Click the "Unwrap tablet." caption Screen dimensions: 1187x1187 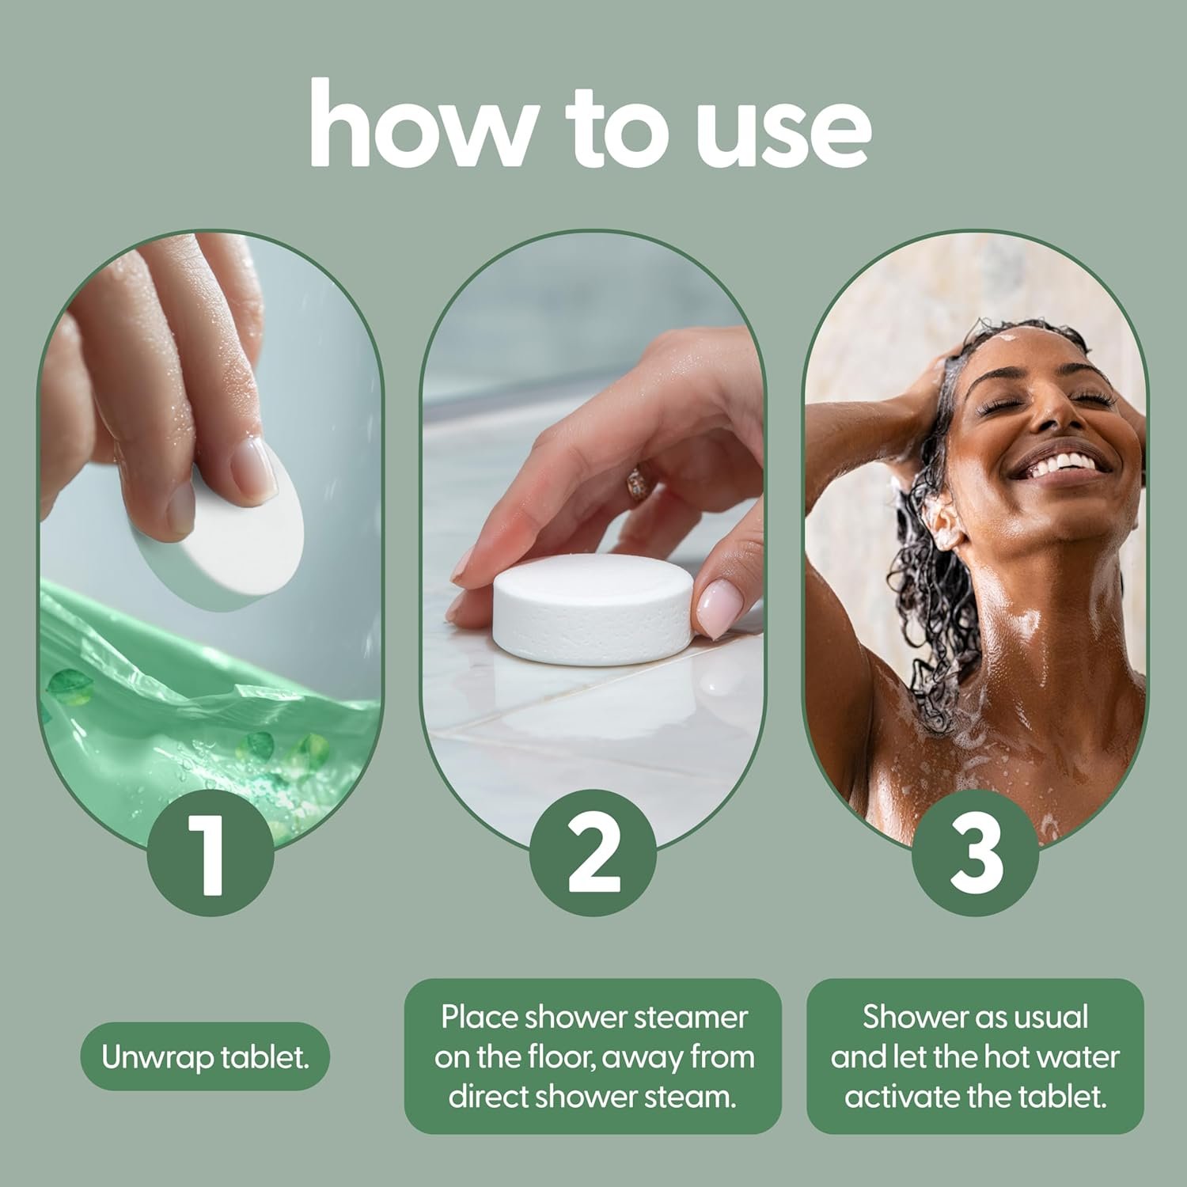205,1057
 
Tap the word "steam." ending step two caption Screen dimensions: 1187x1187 700,1098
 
